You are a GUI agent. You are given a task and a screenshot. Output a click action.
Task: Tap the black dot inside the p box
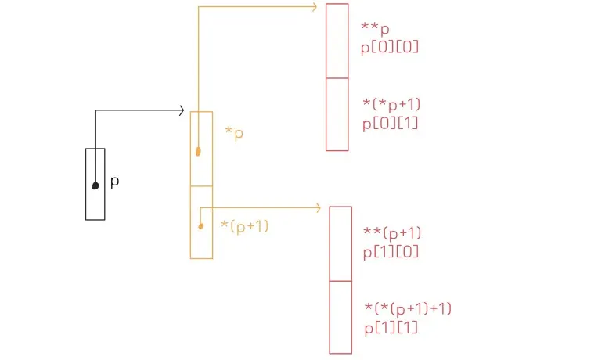click(95, 185)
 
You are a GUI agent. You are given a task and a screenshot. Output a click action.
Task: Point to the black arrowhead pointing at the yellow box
click(180, 111)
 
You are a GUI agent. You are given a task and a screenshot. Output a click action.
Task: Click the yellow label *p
click(234, 133)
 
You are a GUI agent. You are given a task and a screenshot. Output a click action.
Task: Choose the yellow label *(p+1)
click(246, 226)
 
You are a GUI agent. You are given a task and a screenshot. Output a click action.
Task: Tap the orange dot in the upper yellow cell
click(198, 151)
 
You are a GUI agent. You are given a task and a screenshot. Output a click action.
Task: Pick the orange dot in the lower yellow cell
click(201, 226)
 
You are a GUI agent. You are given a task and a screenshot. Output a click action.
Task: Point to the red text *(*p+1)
click(394, 105)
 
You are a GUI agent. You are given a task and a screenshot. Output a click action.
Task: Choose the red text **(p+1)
click(393, 232)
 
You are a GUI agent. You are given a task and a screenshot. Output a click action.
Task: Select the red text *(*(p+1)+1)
click(408, 308)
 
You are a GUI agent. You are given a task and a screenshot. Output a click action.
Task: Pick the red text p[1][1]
click(391, 327)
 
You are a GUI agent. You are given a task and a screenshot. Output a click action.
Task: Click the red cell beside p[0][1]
click(337, 114)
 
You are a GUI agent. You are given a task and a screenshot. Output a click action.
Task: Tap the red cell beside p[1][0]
click(340, 243)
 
